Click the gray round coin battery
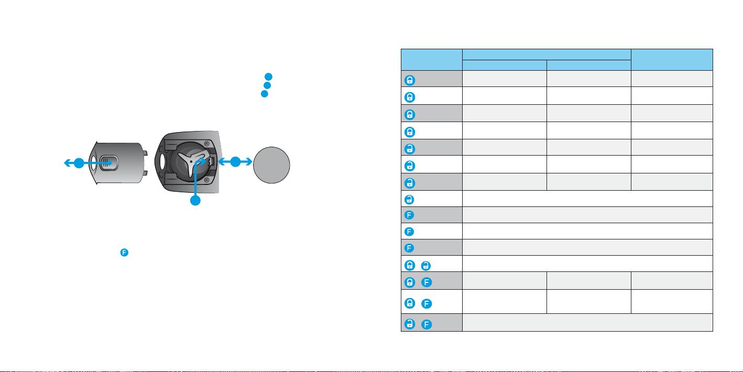coord(271,165)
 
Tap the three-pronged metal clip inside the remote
coord(192,161)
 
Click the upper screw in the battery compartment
coord(206,144)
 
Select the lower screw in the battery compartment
coord(206,180)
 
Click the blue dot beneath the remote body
coord(195,201)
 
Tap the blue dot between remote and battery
coord(235,162)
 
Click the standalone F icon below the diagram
coord(124,253)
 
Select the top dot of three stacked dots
coord(268,77)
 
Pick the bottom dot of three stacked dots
coord(265,94)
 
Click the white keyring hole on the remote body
coord(162,161)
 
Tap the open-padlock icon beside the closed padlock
coord(425,266)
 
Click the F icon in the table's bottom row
coord(427,324)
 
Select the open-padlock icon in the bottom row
coord(410,324)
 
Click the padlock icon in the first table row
coord(410,80)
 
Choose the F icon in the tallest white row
coord(427,303)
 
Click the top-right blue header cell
coord(672,60)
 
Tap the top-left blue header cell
coord(432,60)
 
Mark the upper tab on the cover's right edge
coord(145,153)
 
